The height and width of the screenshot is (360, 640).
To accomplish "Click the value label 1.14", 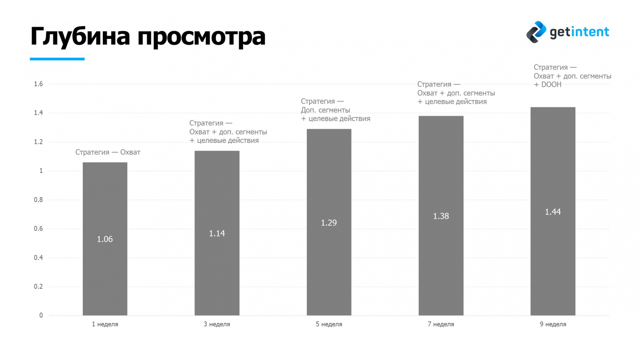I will (217, 234).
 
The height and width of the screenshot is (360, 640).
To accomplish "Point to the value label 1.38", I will (441, 216).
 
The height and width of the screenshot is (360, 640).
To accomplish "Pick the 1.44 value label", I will (553, 212).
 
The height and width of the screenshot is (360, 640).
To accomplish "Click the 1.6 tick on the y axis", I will (38, 84).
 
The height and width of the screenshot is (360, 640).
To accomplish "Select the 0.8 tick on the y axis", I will (38, 200).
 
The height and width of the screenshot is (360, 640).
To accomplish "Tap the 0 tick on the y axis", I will (41, 315).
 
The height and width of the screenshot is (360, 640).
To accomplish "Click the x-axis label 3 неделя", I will (217, 324).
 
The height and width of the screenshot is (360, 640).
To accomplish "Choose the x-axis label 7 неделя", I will (441, 324).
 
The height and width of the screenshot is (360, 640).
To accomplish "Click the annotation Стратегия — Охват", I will (108, 152).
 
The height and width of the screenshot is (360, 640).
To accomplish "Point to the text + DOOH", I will (548, 85).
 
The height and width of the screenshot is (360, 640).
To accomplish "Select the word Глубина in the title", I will (80, 37).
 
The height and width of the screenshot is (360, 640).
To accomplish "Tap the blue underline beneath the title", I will (57, 59).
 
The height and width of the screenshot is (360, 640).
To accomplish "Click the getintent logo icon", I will (536, 32).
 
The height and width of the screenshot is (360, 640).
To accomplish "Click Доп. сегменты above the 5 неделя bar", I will (325, 110).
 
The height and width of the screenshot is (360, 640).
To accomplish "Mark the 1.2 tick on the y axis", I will (38, 142).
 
